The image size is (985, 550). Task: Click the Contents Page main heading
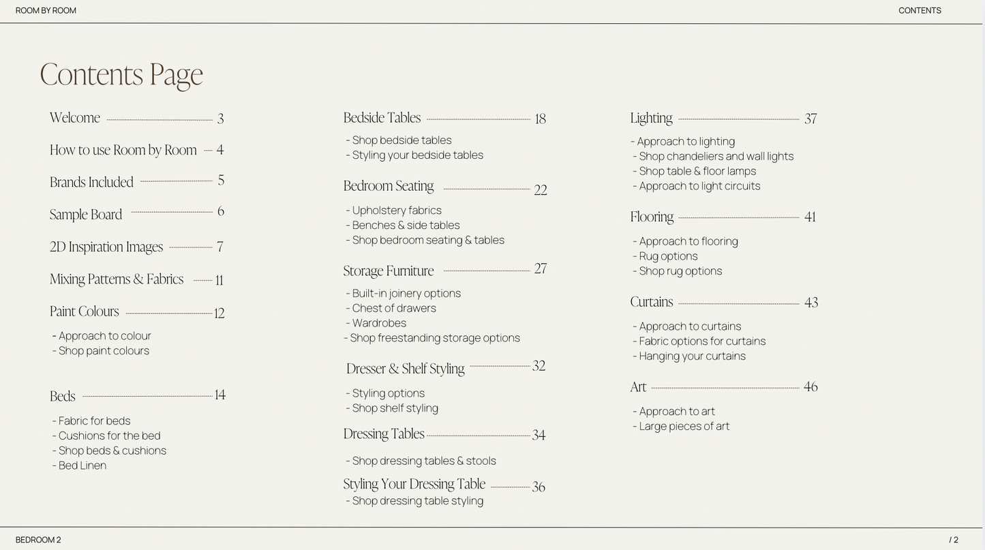tap(121, 74)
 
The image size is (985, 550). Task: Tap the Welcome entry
tap(75, 118)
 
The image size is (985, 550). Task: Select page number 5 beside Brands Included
tap(221, 181)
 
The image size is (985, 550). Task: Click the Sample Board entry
tap(86, 215)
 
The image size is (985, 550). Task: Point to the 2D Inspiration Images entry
tap(106, 247)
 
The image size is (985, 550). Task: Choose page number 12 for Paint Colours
tap(219, 313)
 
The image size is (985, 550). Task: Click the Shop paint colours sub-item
tap(104, 351)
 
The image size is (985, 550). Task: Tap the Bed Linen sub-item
tap(82, 465)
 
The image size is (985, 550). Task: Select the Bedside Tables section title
tap(382, 118)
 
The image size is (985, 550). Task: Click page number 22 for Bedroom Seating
tap(541, 190)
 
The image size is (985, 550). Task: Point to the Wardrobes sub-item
tap(379, 323)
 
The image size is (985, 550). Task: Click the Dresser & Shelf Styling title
tap(406, 369)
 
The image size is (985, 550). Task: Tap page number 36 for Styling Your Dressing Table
tap(539, 487)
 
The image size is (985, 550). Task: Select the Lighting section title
tap(651, 118)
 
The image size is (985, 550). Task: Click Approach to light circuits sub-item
tap(699, 186)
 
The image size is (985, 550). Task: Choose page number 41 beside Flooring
tap(810, 217)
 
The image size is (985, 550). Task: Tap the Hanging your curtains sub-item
tap(692, 356)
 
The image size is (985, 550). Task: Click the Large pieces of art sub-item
tap(684, 427)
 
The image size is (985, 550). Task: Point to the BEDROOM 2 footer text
tap(38, 540)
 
